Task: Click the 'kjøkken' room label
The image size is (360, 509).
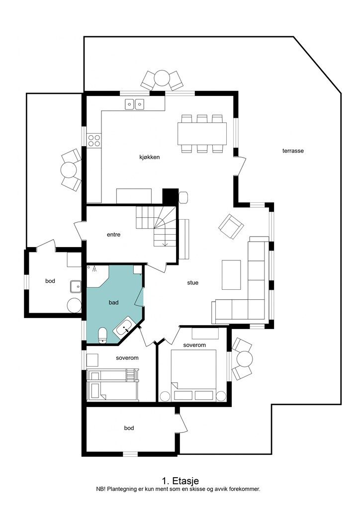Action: (149, 157)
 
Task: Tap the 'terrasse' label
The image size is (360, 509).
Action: (293, 151)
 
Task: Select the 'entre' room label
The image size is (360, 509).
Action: (113, 235)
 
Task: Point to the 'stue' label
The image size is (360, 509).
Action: (192, 282)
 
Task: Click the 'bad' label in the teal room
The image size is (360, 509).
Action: (113, 303)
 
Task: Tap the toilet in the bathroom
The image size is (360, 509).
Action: (102, 335)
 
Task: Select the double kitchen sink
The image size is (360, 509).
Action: (135, 104)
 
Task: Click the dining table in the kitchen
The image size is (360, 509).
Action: (202, 134)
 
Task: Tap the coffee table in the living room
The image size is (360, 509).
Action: (231, 274)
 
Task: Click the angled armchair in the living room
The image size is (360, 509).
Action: (231, 227)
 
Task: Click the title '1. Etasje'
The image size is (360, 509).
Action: (180, 481)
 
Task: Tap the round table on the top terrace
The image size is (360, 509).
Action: (162, 78)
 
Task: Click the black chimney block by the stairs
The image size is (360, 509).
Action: (170, 196)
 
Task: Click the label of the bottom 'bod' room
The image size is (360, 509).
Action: (129, 428)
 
